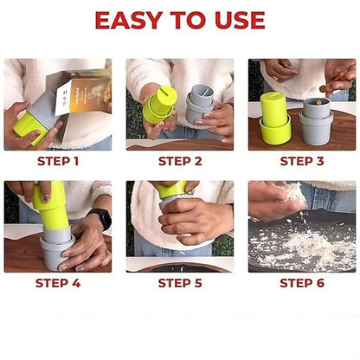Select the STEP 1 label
tap(57, 161)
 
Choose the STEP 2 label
tap(179, 161)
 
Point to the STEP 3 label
tap(301, 161)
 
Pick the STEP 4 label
tap(57, 283)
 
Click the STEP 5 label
tap(179, 283)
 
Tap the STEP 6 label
tap(301, 283)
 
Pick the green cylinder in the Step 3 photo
tap(276, 119)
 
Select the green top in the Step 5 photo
tap(171, 190)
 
